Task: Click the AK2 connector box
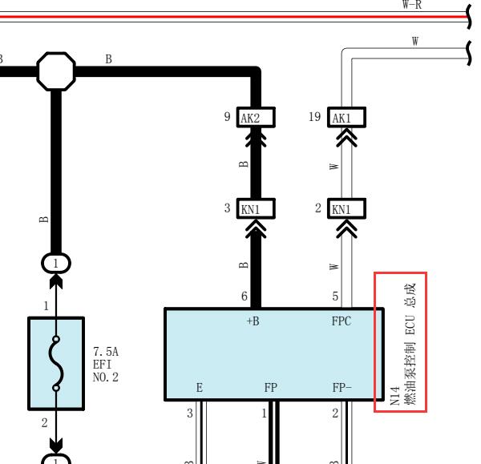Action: click(256, 117)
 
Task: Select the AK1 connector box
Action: click(346, 117)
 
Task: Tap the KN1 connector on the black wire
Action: click(256, 208)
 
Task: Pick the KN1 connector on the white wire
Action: click(346, 208)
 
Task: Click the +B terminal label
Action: click(253, 321)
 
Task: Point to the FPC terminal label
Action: click(342, 321)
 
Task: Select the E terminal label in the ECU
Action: click(200, 388)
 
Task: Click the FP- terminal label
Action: click(342, 388)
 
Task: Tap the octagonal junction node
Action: click(56, 71)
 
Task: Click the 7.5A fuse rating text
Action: click(106, 352)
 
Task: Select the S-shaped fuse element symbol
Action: click(56, 363)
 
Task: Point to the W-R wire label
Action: click(412, 5)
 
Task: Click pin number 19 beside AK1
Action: click(315, 117)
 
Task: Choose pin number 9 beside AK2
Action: click(227, 117)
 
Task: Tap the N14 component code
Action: click(394, 396)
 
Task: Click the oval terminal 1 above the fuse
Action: click(56, 264)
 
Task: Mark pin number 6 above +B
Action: click(245, 297)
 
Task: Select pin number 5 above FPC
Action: click(335, 297)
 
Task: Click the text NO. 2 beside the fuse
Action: click(106, 377)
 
